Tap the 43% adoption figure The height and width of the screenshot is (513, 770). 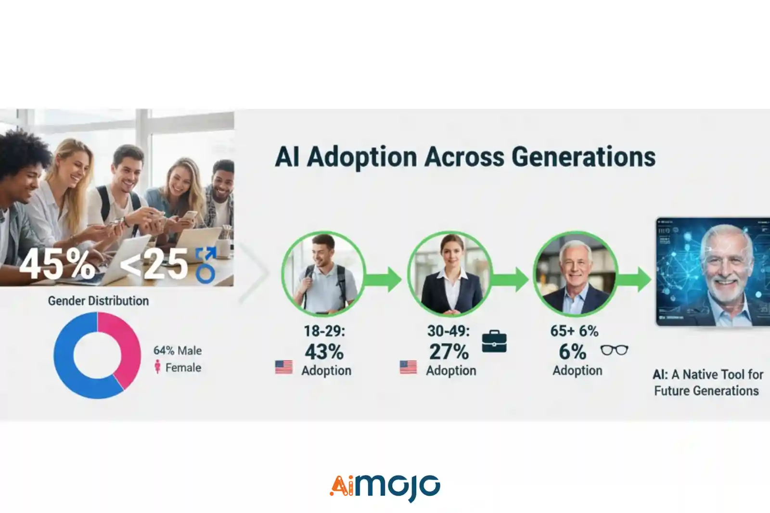pos(324,352)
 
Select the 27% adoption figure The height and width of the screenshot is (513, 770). pos(449,352)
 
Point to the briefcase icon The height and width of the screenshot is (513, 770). pos(494,341)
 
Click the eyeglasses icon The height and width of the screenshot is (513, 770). pos(614,350)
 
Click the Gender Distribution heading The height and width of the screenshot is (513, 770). pos(98,301)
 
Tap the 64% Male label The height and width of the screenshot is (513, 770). pos(178,350)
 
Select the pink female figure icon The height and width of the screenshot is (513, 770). pos(157,367)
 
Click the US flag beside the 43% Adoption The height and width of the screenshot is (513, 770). pos(284,367)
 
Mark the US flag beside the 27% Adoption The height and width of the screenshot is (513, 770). pos(408,367)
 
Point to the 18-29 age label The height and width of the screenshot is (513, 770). pos(324,331)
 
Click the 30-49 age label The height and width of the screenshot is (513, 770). pos(448,331)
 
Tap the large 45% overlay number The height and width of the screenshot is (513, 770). pos(57,264)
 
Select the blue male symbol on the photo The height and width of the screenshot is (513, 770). pos(206,265)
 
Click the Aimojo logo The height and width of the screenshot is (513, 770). pos(385,487)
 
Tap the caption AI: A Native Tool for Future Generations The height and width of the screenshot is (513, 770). pos(707,382)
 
